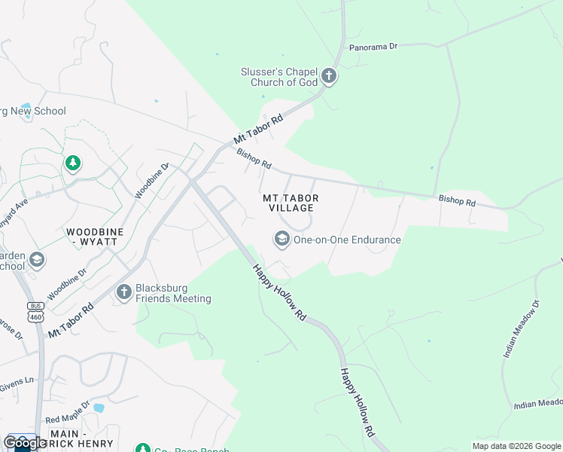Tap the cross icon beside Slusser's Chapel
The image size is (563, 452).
coord(328,75)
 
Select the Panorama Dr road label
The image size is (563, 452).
coord(373,47)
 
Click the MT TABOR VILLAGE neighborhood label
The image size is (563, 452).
coord(288,203)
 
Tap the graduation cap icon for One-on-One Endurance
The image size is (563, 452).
coord(281,240)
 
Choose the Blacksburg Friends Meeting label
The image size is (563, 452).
coord(173,293)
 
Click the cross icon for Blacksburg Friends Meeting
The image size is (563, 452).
coord(123,292)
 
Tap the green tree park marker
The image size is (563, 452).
coord(72,163)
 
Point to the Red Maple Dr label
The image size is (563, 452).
coord(66,419)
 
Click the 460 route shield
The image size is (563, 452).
coord(35,317)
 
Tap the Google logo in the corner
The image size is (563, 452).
coord(25,443)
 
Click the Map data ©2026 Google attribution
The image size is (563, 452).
coord(516,446)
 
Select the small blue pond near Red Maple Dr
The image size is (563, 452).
coord(98,408)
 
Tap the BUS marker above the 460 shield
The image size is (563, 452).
coord(35,306)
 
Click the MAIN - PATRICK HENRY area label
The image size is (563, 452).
coord(81,439)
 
